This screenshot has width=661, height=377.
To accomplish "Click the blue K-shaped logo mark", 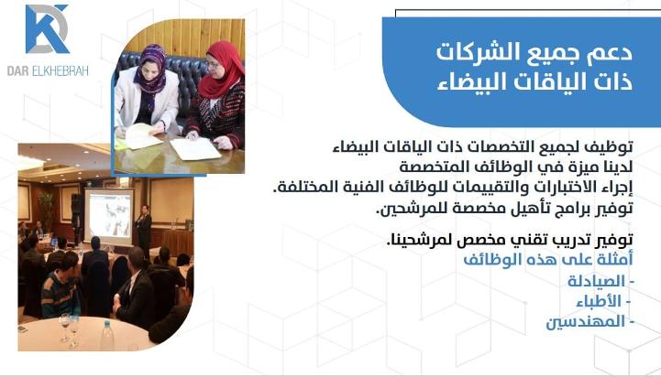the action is (x=47, y=28).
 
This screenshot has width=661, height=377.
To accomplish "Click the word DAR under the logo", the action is (x=17, y=70).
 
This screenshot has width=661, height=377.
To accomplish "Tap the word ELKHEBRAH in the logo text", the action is (x=60, y=70).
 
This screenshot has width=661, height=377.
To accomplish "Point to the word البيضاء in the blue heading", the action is (x=471, y=82).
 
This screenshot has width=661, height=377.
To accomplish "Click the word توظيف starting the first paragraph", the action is (x=614, y=147).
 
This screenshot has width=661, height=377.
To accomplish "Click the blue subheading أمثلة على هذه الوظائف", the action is (x=548, y=260).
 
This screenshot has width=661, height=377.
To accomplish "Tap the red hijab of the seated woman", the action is (x=220, y=70).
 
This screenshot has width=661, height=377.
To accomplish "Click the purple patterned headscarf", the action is (x=150, y=70).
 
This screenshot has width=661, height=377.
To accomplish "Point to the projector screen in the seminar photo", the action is (x=109, y=216).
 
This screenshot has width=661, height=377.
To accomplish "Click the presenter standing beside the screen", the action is (x=144, y=230).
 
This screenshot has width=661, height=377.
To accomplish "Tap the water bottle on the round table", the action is (x=107, y=336).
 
